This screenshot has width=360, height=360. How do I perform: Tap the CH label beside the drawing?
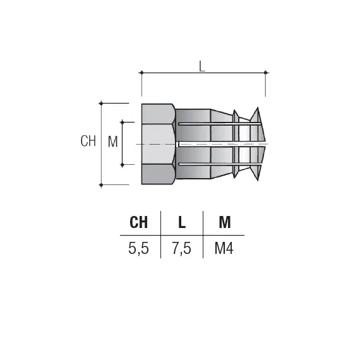88,141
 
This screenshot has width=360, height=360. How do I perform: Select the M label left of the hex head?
113,141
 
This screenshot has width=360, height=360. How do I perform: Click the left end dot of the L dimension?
141,73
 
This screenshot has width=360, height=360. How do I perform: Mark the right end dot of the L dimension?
265,73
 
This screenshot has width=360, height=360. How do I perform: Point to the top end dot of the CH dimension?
101,103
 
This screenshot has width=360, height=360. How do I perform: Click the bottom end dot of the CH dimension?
101,184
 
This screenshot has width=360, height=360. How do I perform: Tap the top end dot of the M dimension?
123,122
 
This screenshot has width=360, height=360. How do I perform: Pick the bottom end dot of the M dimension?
123,164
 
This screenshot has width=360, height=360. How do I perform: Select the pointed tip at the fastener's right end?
265,143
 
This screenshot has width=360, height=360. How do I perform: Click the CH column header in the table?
139,222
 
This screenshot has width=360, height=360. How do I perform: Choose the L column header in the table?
182,222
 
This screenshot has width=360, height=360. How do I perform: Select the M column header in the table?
224,222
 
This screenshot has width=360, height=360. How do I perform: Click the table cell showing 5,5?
139,248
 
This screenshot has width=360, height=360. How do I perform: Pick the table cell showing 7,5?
182,248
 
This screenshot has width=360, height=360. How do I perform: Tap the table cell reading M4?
224,248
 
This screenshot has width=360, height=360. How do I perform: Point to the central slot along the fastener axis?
218,144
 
